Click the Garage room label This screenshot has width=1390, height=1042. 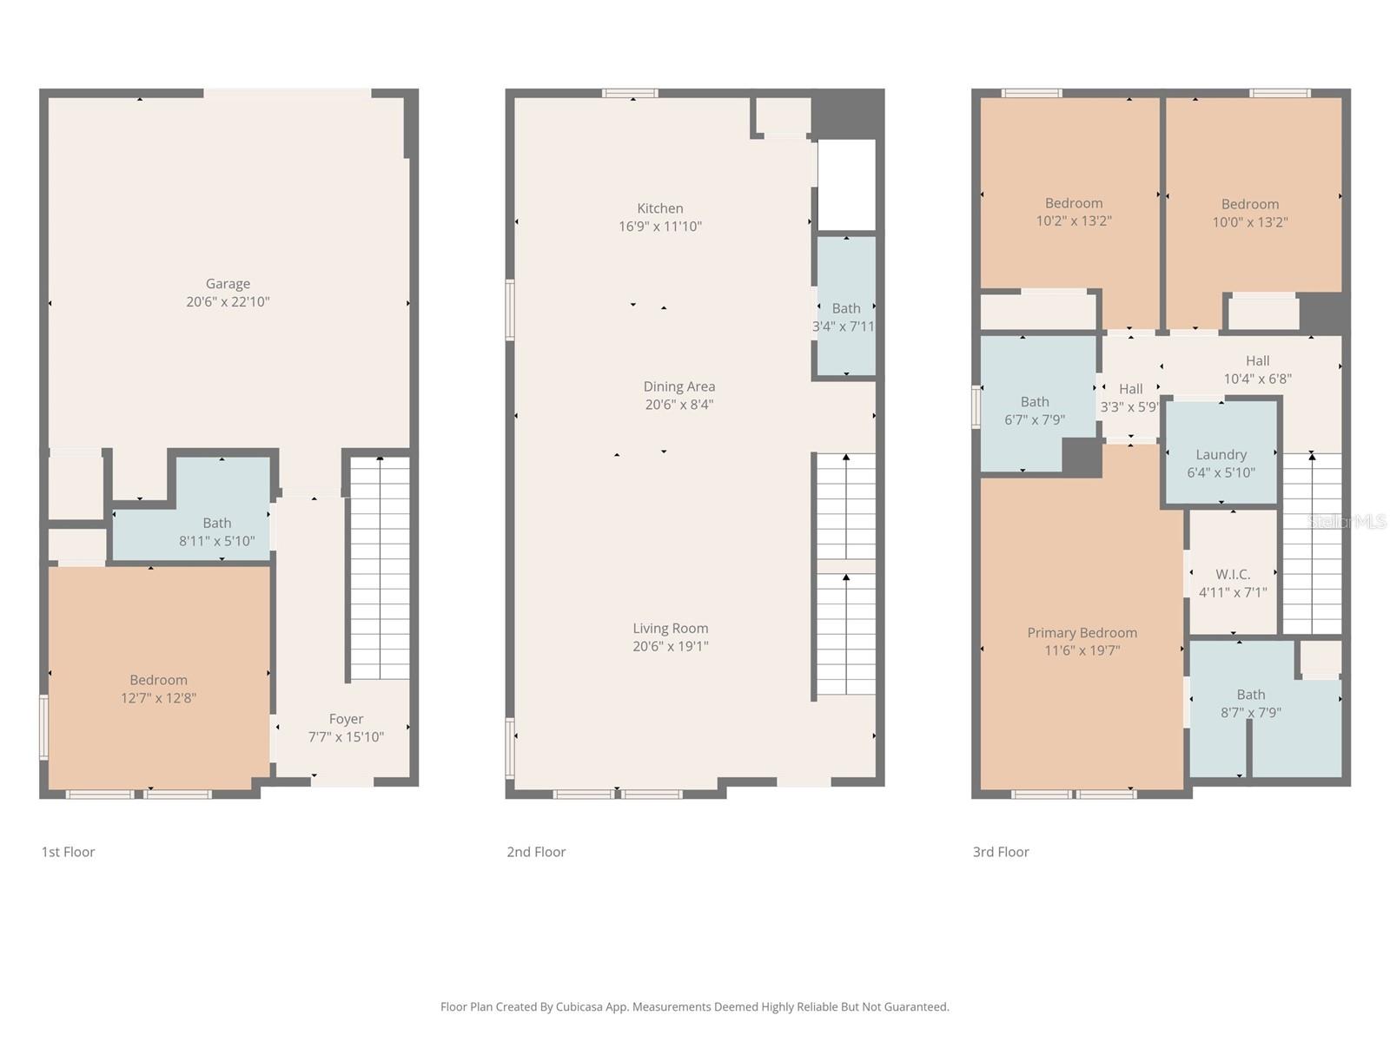click(228, 284)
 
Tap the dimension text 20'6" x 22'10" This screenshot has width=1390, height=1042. click(228, 302)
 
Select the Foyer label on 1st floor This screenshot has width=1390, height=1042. click(346, 719)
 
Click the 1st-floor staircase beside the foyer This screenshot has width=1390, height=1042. click(380, 569)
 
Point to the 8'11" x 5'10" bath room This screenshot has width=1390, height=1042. click(216, 531)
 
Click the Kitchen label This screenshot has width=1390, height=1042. click(660, 208)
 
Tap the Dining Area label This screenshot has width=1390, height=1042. click(679, 386)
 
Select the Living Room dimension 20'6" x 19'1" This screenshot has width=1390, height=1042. click(671, 646)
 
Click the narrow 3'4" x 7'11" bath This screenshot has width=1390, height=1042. click(845, 317)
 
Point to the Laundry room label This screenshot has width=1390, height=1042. click(1221, 454)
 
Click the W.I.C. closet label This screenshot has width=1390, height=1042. click(1233, 574)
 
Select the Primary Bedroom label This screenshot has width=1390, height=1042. click(1082, 633)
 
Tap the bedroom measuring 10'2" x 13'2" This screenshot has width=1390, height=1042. click(1074, 212)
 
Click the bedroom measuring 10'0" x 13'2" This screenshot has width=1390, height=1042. click(1250, 214)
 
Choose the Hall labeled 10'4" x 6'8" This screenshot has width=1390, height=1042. click(1257, 369)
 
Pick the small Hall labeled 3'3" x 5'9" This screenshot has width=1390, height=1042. click(1130, 397)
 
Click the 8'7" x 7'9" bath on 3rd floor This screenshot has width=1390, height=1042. click(1250, 703)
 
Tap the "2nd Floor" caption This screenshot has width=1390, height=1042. click(536, 852)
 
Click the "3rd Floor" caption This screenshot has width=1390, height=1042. click(1001, 852)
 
